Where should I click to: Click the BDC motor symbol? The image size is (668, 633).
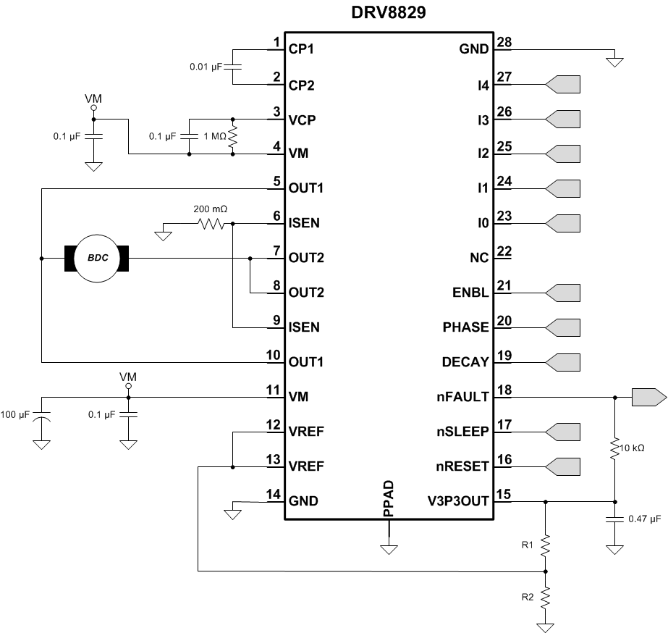[x=97, y=258]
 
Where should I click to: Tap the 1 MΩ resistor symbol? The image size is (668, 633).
[x=232, y=136]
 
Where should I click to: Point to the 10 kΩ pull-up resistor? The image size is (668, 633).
[x=614, y=450]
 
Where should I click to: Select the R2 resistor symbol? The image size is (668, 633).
[x=545, y=598]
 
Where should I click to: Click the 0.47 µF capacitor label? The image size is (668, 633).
[x=646, y=519]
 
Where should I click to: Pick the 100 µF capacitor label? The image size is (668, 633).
[x=15, y=414]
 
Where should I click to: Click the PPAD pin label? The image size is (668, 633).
[x=388, y=498]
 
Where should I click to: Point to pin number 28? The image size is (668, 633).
[x=504, y=42]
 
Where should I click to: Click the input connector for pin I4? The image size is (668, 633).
[x=563, y=85]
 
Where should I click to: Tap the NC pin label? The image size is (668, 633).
[x=479, y=258]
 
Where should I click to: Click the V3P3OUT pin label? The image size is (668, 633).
[x=459, y=500]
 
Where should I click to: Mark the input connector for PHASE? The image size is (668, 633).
[x=563, y=327]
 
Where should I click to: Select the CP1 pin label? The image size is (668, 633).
[x=303, y=50]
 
